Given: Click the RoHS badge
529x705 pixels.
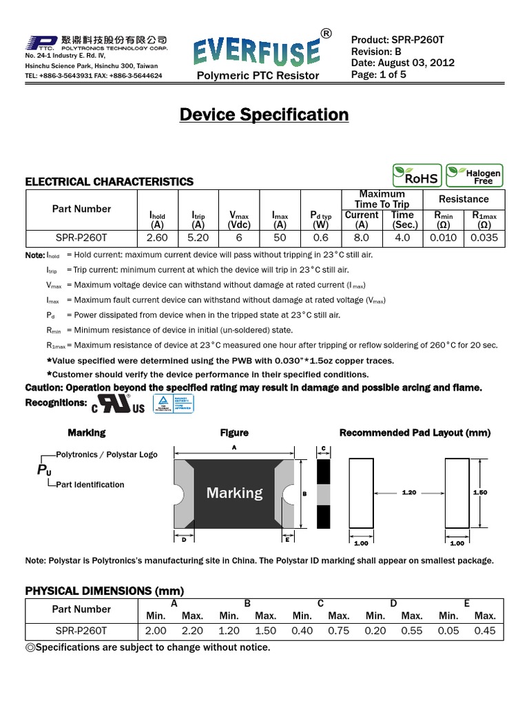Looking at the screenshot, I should [415, 176].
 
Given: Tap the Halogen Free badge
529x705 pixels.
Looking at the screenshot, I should [474, 176].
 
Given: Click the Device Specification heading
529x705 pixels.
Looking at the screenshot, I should [264, 115].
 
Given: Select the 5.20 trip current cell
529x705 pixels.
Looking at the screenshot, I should [198, 238].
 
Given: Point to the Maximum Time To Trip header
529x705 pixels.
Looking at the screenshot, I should [382, 199].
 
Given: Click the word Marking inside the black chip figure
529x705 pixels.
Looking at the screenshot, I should [234, 493].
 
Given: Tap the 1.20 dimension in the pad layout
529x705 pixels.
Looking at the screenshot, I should [410, 493].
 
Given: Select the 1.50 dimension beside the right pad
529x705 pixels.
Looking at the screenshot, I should [479, 493].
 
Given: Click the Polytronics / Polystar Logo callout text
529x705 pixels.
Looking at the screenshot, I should [106, 454].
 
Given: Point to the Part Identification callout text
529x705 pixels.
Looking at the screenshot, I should [90, 485].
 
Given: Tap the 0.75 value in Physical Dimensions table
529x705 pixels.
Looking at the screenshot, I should [338, 631].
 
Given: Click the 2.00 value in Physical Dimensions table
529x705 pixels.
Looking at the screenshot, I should [156, 631].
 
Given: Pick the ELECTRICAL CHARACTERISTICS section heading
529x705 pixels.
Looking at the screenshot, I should [110, 182].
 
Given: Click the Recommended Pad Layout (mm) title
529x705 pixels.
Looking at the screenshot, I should [415, 433].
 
